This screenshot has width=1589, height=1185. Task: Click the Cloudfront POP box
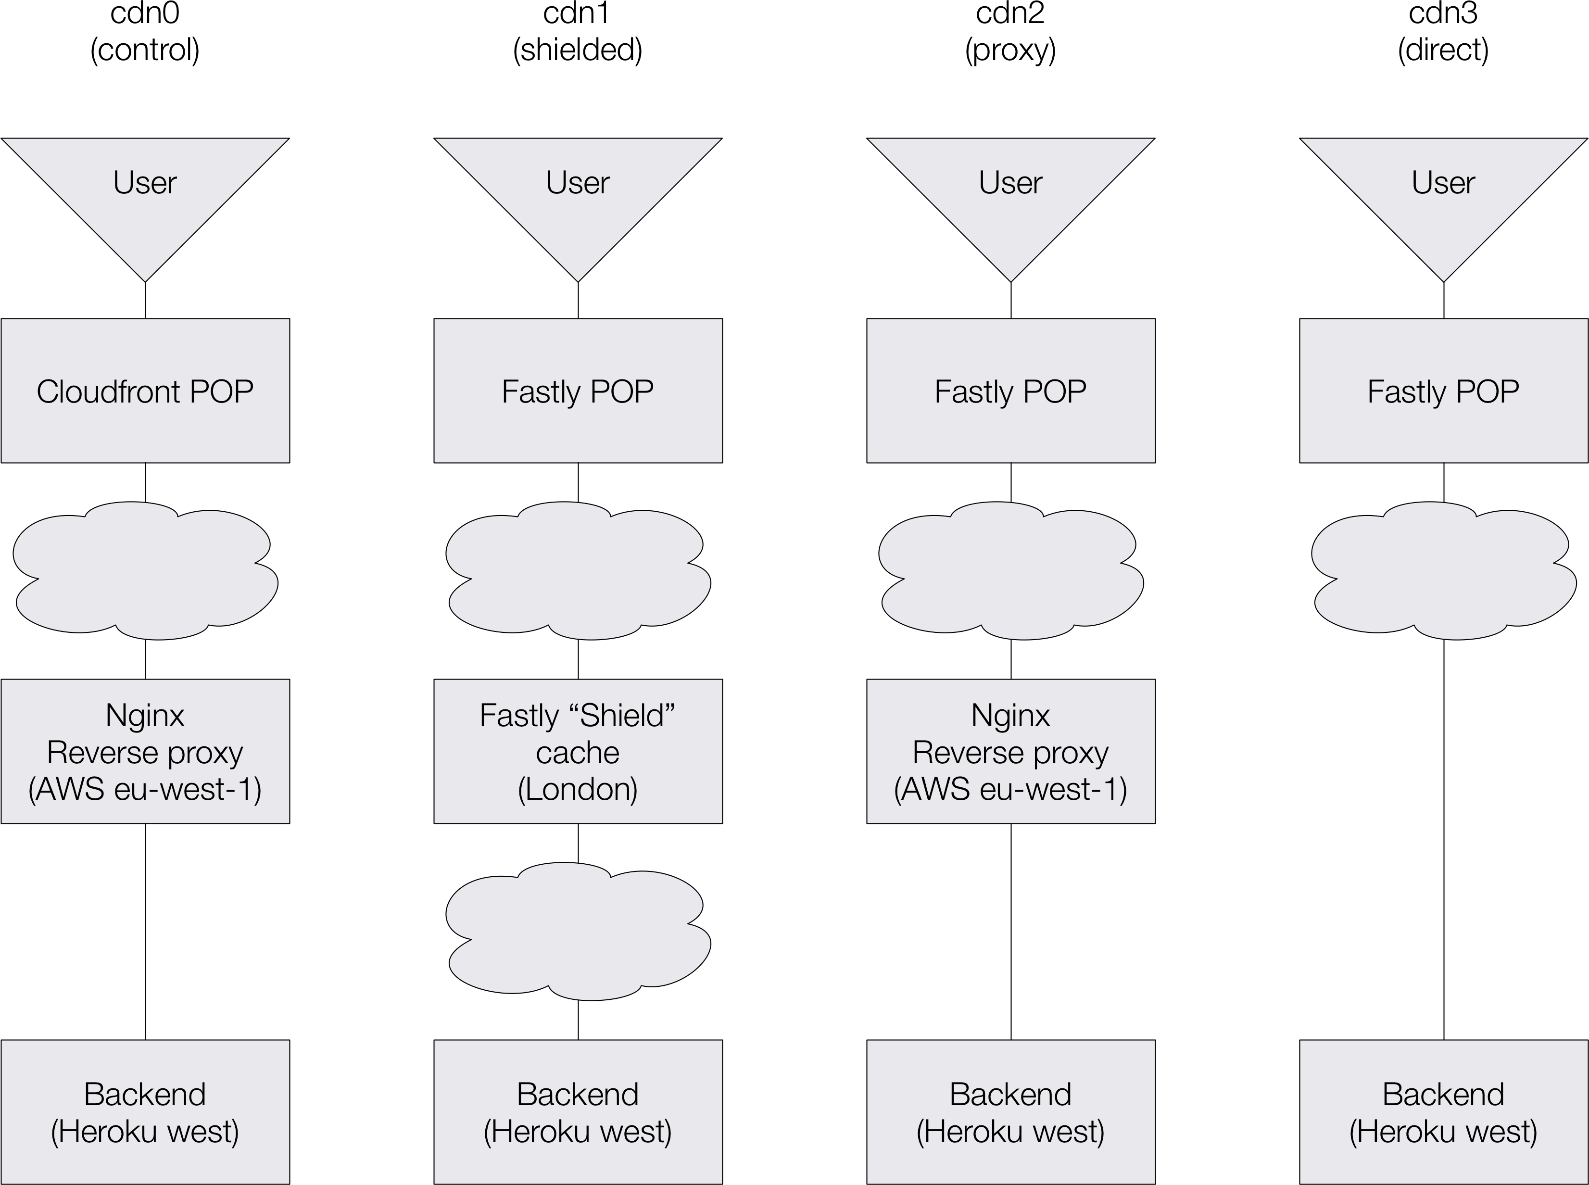[145, 391]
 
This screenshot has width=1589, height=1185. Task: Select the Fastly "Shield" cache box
[578, 751]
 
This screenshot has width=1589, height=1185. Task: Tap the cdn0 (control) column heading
[145, 32]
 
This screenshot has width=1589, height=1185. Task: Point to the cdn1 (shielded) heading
[578, 32]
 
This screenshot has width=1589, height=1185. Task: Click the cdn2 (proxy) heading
[1010, 32]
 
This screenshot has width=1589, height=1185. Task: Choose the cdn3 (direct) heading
[1443, 32]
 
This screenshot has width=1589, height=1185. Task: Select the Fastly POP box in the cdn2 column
[1010, 391]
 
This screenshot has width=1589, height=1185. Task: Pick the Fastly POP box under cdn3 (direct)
[1443, 391]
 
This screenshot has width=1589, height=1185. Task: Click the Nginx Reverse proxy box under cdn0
[145, 751]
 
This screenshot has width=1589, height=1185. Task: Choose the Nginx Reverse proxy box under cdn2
[1010, 751]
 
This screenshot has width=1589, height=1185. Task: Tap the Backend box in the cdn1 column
[578, 1112]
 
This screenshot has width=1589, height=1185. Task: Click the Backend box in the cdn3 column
[1443, 1112]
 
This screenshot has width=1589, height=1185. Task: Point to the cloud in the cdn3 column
[1443, 570]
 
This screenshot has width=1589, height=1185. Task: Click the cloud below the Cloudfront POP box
[145, 570]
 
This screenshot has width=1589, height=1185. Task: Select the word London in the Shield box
[578, 789]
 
